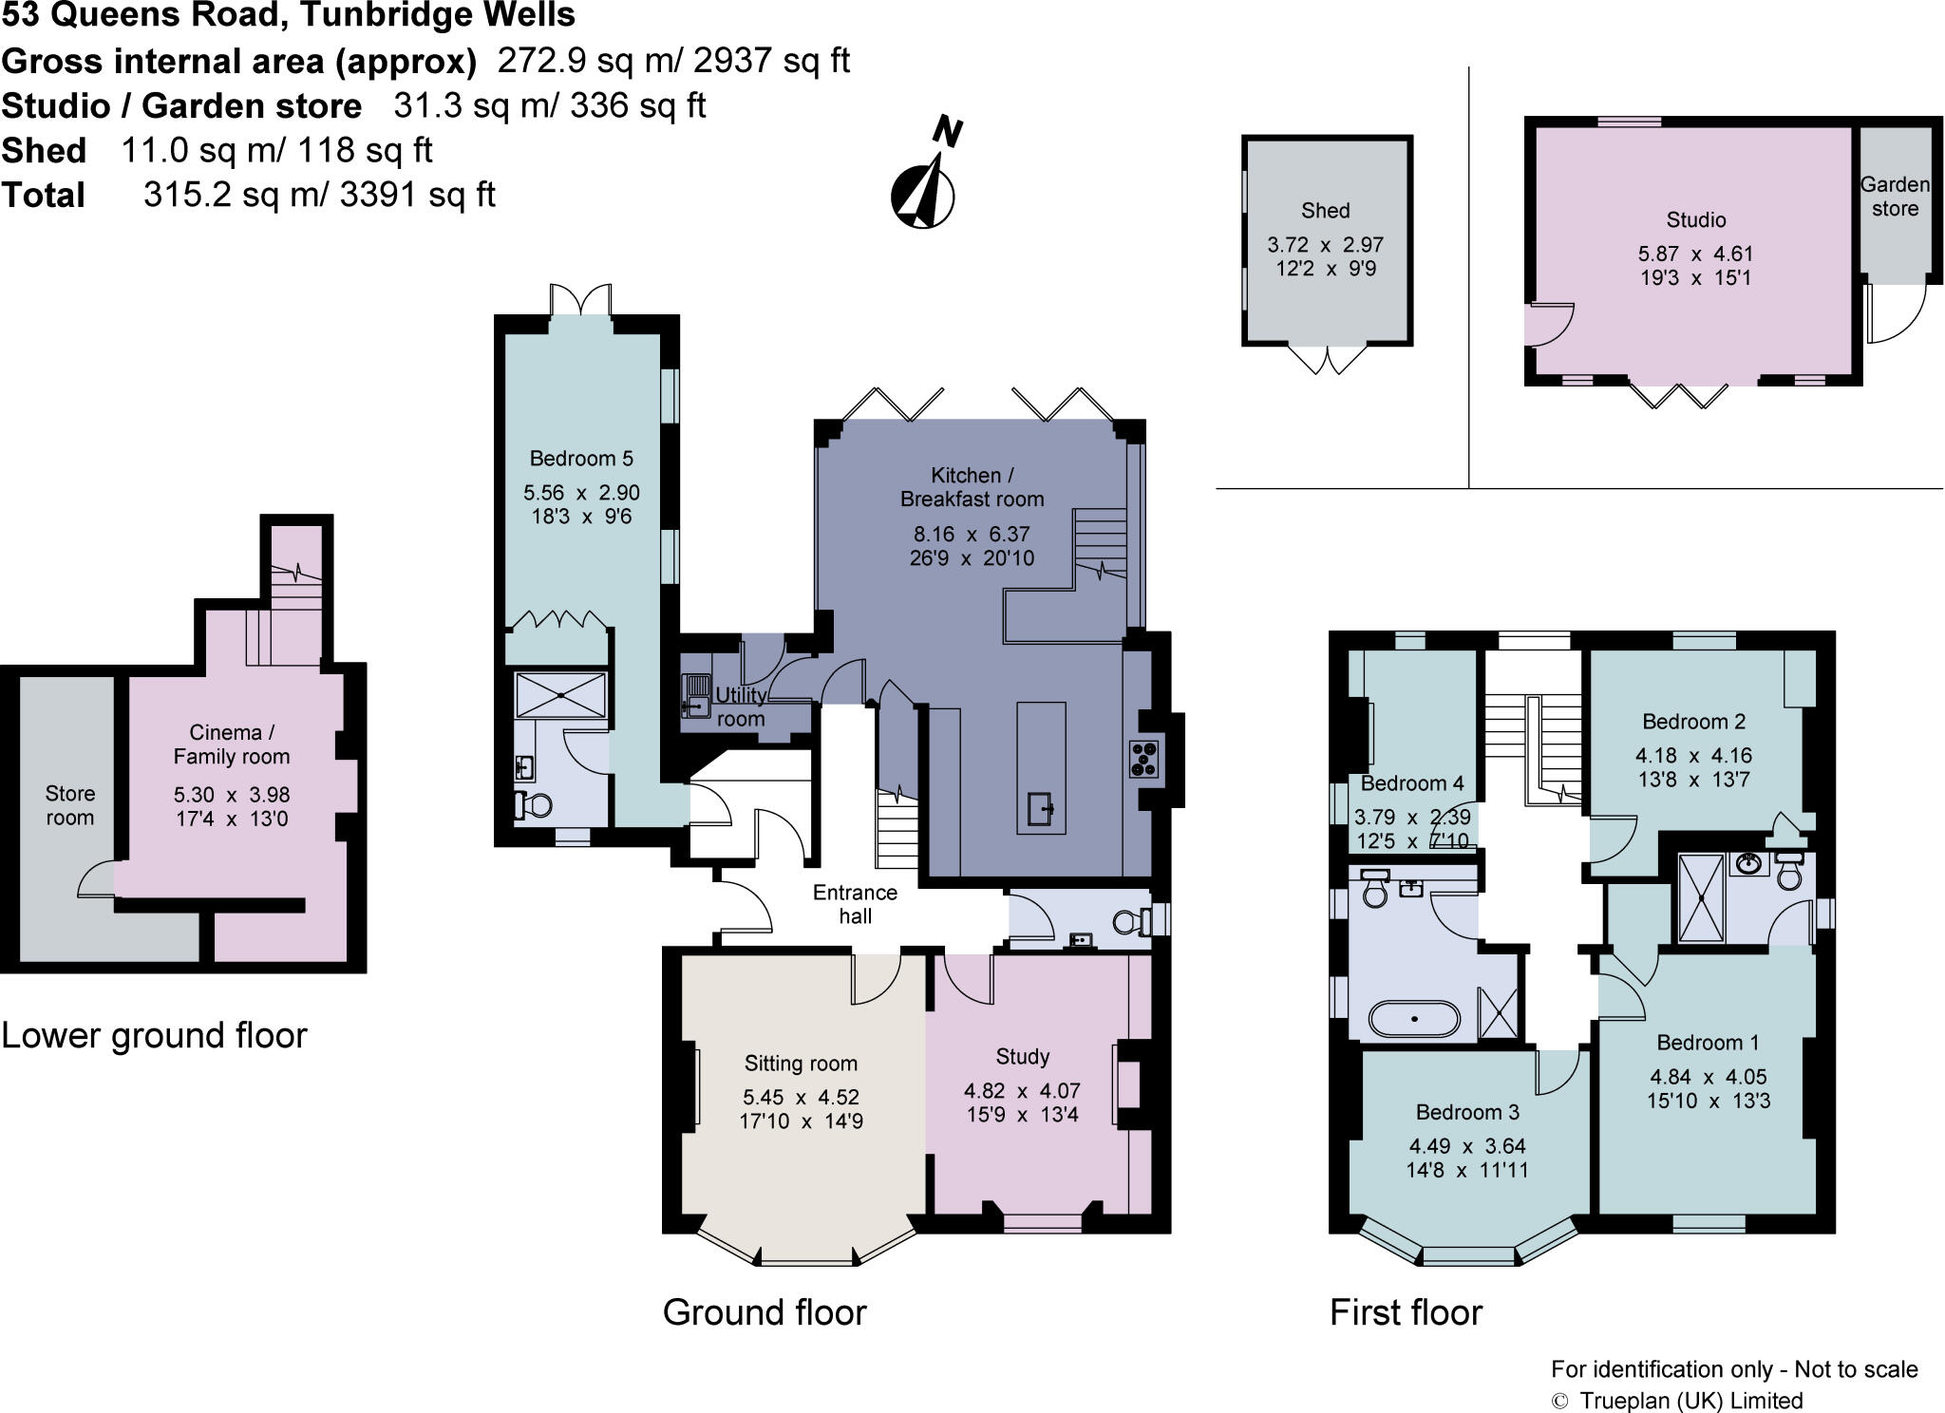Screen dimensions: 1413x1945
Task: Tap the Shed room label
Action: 1325,211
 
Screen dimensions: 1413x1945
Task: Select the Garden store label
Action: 1895,197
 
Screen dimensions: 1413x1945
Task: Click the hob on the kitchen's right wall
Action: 1144,759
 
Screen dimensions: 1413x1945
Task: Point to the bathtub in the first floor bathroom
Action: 1414,1018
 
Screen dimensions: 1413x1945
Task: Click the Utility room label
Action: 741,706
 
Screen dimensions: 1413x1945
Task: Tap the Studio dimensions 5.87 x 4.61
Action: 1695,254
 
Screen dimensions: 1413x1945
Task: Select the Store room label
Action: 70,805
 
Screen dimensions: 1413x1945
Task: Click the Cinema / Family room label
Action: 232,744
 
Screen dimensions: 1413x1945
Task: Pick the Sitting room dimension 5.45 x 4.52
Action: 801,1097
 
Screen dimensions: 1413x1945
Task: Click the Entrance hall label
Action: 855,904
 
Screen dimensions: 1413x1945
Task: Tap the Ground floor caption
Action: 765,1312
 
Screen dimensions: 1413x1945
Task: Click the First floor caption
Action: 1406,1312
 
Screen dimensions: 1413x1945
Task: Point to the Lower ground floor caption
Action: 155,1035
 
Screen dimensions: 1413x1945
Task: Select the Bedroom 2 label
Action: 1693,722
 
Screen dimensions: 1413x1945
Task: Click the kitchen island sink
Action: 1041,811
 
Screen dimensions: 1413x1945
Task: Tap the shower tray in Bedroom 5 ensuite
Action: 560,695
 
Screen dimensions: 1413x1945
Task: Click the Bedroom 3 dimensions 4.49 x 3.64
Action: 1466,1146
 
